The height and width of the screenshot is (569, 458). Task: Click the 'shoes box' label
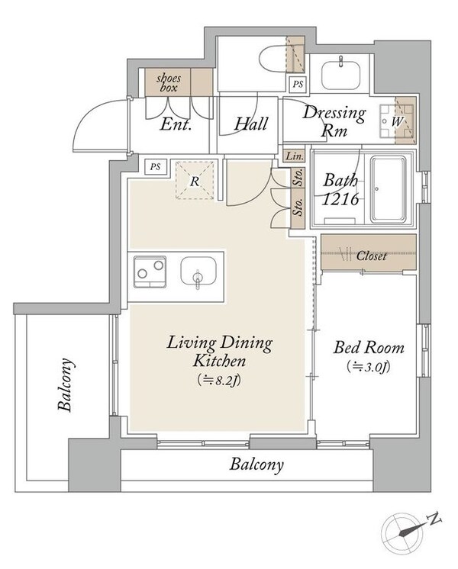[x=169, y=83]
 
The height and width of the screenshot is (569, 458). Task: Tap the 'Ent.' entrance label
[x=176, y=124]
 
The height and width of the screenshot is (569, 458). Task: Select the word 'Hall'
[x=251, y=124]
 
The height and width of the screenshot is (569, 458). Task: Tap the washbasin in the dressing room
[x=340, y=75]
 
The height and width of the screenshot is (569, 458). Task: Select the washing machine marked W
[x=397, y=121]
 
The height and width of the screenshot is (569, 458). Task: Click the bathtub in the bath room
[x=388, y=189]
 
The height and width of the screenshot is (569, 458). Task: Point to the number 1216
[x=340, y=199]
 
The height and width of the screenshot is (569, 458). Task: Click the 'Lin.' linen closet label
[x=294, y=156]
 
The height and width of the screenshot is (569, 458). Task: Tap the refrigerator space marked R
[x=195, y=180]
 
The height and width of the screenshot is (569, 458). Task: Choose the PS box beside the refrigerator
[x=156, y=167]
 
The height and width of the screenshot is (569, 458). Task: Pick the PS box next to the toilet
[x=298, y=84]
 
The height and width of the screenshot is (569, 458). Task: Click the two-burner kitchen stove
[x=150, y=272]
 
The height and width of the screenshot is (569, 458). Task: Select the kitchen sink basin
[x=198, y=272]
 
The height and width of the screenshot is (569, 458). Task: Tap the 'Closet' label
[x=371, y=256]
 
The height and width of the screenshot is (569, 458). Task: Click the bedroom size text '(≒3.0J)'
[x=369, y=367]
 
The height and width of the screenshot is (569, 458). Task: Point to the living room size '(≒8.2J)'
[x=219, y=381]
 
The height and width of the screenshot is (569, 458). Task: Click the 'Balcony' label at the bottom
[x=256, y=465]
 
